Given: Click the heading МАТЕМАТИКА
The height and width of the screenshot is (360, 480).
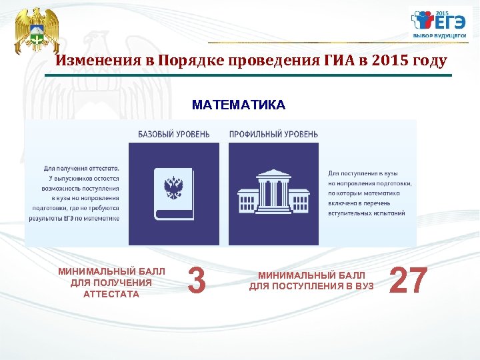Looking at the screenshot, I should pos(238,105).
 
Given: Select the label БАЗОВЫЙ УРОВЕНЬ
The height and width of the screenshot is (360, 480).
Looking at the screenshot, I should pos(173,134).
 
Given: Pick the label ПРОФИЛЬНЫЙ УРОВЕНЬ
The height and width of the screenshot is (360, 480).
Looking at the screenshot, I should pos(273,134).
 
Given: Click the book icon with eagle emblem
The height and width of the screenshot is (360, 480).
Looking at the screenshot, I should pos(173,193).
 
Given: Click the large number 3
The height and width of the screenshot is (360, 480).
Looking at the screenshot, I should pos(197,281).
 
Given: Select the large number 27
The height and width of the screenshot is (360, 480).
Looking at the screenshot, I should pos(407,281).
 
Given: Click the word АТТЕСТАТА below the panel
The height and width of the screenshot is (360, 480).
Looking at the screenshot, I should pos(111,295).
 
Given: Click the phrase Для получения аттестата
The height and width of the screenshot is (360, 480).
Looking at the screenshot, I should pos(82,169).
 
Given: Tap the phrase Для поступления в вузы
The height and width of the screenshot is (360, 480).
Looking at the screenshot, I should pos(363,173).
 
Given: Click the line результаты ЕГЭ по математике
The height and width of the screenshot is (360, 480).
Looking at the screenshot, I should pos(75,218).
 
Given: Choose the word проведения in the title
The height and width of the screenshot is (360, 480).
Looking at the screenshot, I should pos(275,61).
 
